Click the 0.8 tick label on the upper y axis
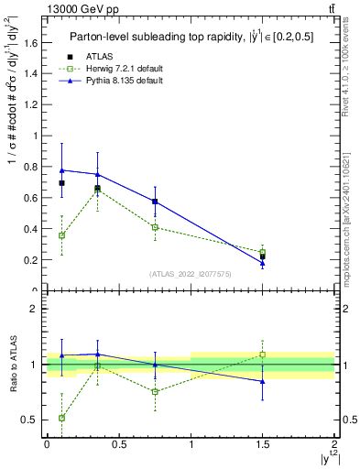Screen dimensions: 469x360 pyautogui.click(x=31, y=167)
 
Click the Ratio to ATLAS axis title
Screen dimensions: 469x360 pyautogui.click(x=13, y=365)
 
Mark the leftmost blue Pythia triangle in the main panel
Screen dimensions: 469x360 pyautogui.click(x=61, y=170)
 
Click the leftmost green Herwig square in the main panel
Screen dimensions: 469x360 pyautogui.click(x=61, y=235)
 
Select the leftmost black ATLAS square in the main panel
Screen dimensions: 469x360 pyautogui.click(x=61, y=183)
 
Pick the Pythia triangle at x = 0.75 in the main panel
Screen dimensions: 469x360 pyautogui.click(x=155, y=201)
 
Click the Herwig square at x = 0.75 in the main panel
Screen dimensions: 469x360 pyautogui.click(x=155, y=227)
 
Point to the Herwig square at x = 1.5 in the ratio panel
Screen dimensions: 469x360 pyautogui.click(x=262, y=354)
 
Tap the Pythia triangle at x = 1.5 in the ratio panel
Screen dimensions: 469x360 pyautogui.click(x=262, y=381)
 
